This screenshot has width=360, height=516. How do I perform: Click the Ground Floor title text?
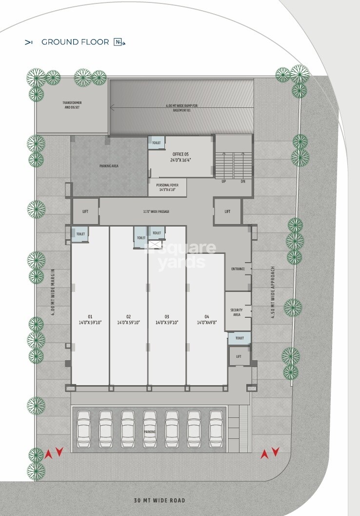(75, 42)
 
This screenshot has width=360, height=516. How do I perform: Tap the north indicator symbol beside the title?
(120, 42)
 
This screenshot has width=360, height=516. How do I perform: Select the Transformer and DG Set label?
(72, 105)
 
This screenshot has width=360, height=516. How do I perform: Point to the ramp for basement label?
(182, 108)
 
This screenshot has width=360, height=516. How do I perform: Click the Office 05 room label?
(180, 157)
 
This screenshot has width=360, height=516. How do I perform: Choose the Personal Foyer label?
(167, 187)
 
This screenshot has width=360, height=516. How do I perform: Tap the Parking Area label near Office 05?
(109, 166)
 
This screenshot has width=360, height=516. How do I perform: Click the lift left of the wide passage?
(85, 211)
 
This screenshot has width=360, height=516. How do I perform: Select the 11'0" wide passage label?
(156, 211)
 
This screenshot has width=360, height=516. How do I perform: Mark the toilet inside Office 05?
(157, 143)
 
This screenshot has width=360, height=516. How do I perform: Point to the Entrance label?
(238, 269)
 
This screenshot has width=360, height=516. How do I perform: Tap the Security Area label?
(237, 312)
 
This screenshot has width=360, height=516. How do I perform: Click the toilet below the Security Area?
(240, 338)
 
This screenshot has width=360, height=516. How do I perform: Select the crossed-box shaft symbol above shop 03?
(155, 245)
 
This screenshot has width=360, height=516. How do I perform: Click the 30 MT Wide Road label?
(160, 500)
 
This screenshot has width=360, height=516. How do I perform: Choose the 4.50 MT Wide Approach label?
(273, 292)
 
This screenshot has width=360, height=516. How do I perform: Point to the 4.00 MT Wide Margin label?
(53, 292)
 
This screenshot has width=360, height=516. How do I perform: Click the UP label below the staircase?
(224, 182)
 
